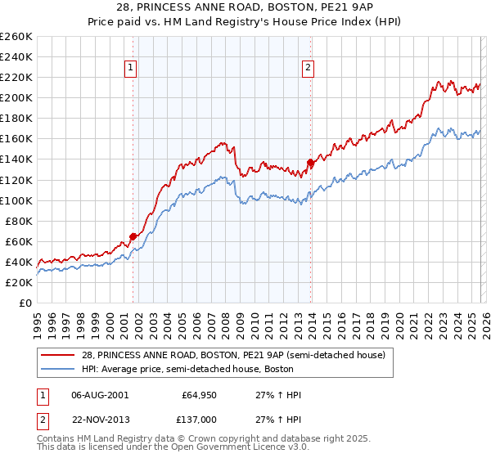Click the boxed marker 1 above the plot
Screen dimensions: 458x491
pyautogui.click(x=132, y=69)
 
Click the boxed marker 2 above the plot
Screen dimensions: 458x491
pyautogui.click(x=309, y=69)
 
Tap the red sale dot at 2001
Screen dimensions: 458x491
pyautogui.click(x=133, y=236)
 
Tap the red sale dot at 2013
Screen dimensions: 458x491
pyautogui.click(x=310, y=162)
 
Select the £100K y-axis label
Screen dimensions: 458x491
pyautogui.click(x=17, y=200)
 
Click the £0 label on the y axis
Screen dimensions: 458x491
pyautogui.click(x=25, y=303)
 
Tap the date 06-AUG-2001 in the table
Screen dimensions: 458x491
pyautogui.click(x=100, y=395)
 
